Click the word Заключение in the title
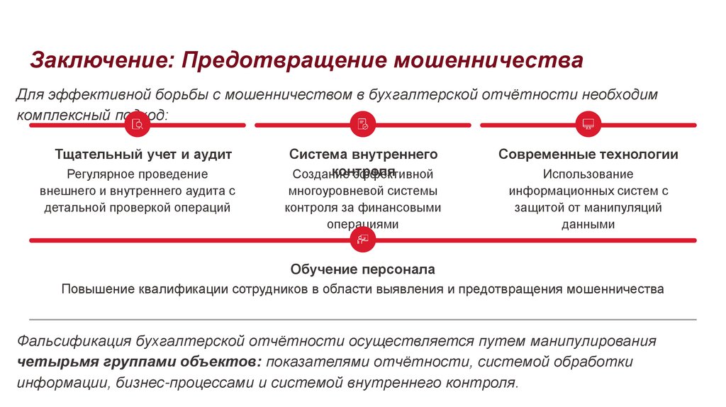pyautogui.click(x=96, y=60)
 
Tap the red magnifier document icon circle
pyautogui.click(x=138, y=125)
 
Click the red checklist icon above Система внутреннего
pyautogui.click(x=363, y=125)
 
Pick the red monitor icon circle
pyautogui.click(x=588, y=125)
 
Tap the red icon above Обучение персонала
pyautogui.click(x=363, y=240)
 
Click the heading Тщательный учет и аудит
pyautogui.click(x=143, y=154)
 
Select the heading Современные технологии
pyautogui.click(x=588, y=154)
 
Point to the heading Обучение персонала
pyautogui.click(x=362, y=269)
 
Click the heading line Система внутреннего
pyautogui.click(x=363, y=154)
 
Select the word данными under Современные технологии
pyautogui.click(x=588, y=225)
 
